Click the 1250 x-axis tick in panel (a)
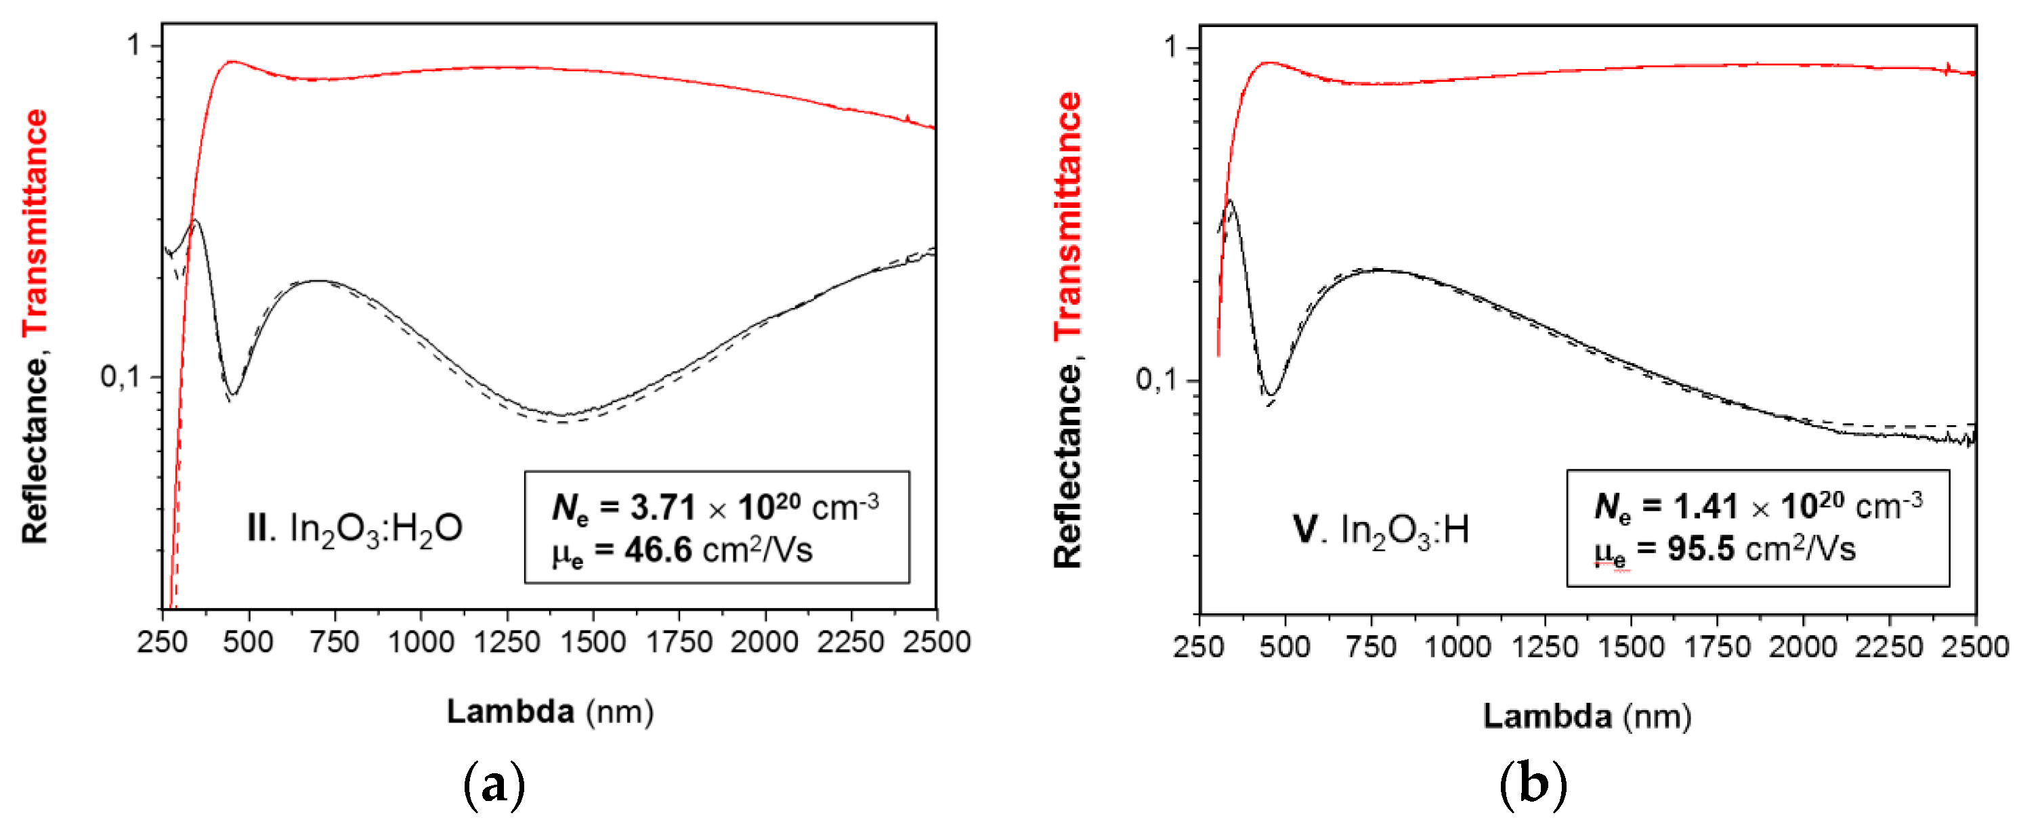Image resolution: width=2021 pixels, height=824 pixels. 507,642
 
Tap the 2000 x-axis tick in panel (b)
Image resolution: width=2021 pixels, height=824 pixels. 1802,647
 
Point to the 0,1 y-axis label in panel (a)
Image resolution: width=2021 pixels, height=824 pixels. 119,377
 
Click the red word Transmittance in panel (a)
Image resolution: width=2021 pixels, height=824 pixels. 35,223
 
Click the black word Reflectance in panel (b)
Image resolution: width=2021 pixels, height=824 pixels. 1068,466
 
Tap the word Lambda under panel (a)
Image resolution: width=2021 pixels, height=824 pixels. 510,712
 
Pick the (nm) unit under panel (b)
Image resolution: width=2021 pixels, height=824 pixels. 1657,716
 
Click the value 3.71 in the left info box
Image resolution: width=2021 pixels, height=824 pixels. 663,508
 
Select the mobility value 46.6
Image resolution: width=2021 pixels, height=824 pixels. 658,550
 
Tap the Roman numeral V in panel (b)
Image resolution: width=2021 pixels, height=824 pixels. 1306,529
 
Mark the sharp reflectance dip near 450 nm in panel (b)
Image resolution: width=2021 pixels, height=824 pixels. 1272,394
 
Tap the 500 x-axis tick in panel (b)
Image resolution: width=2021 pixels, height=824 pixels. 1284,647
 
